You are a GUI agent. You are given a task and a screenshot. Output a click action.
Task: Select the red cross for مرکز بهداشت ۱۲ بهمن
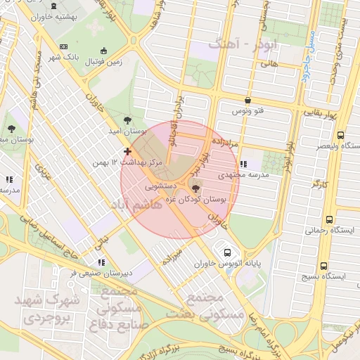tap(127, 151)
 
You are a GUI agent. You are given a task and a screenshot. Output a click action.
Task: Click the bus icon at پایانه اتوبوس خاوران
tap(227, 252)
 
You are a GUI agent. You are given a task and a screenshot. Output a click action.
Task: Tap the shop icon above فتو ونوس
tap(247, 101)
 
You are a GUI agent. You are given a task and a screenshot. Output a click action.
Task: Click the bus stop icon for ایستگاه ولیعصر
tap(340, 135)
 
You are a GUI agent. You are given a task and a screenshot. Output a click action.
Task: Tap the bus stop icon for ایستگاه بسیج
tap(323, 266)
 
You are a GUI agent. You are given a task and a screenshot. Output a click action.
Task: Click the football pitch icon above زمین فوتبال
tap(104, 51)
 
